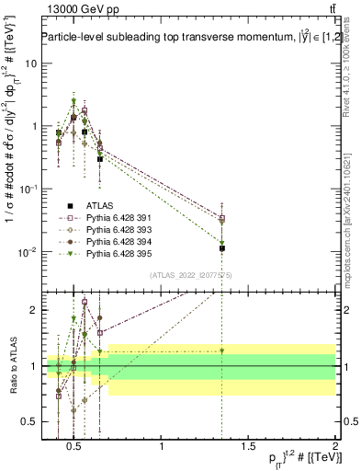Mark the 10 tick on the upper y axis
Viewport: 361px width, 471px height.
[x=30, y=63]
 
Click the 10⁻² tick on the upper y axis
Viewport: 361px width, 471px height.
[x=28, y=252]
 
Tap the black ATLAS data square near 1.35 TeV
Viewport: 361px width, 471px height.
[x=221, y=248]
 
